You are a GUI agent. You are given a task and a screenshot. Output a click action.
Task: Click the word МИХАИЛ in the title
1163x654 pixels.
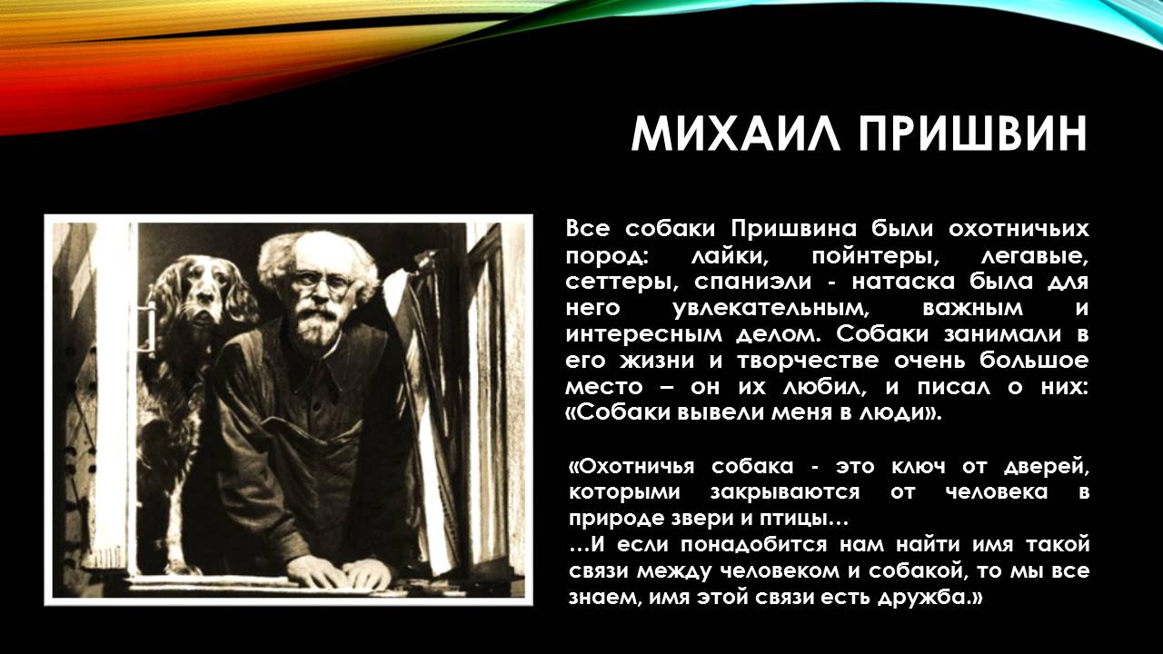pos(736,134)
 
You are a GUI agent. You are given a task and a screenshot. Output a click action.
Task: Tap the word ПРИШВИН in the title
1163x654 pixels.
pos(972,134)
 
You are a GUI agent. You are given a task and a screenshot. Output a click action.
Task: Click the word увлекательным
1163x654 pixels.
pos(770,309)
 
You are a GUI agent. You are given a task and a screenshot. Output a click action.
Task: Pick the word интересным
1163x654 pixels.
pos(644,335)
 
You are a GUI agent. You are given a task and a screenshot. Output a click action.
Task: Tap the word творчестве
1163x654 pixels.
pos(808,361)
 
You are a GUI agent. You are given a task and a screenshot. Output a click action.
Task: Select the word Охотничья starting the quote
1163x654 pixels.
pos(631,467)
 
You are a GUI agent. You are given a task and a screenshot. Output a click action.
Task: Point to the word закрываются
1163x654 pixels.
pos(785,492)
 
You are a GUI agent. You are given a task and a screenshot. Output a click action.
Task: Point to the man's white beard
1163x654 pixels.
pos(314,324)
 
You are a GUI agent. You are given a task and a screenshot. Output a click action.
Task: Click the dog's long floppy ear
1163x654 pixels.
pos(240,296)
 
